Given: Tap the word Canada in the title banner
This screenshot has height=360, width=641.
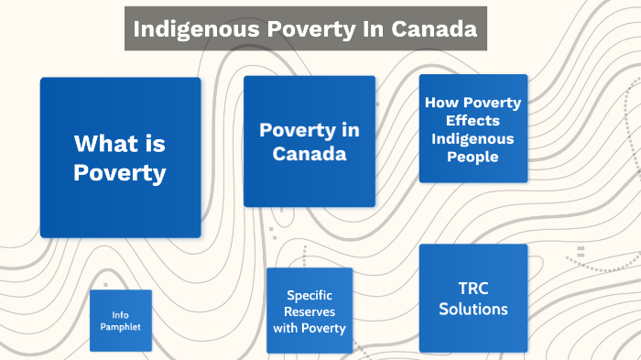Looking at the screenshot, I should (433, 28).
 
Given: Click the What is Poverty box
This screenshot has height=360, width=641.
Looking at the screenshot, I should (120, 158).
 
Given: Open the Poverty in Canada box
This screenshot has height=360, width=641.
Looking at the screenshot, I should (309, 141).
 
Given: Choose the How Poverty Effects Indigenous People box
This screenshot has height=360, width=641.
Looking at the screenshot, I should (473, 128).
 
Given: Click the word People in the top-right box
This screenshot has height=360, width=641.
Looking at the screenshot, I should (473, 157).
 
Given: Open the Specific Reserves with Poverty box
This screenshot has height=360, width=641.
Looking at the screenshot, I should (309, 311).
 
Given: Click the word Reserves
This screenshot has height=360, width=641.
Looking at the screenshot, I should (309, 311).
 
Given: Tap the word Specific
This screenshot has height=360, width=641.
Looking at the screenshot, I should (309, 295).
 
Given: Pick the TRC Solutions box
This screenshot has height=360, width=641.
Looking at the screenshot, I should (473, 298).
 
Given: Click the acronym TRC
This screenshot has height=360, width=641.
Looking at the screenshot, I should (473, 288).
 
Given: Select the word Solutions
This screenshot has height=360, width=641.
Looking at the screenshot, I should (473, 309).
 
